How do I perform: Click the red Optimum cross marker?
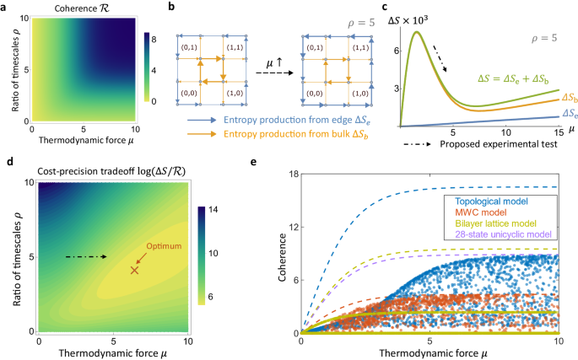[x=133, y=270]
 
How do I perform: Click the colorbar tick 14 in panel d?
[x=213, y=209]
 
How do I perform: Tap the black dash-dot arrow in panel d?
[x=88, y=255]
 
